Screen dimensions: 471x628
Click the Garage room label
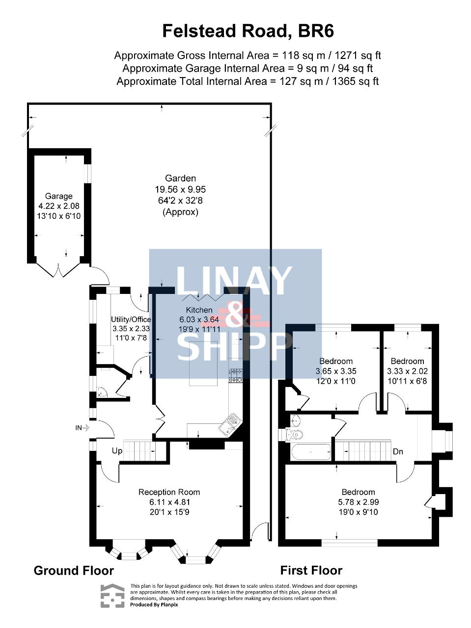[59, 196]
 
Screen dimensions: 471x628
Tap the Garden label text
[180, 178]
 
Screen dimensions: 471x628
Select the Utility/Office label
[131, 319]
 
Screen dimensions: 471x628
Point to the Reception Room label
[169, 492]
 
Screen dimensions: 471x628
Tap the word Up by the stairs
[117, 451]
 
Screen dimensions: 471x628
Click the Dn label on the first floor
[398, 451]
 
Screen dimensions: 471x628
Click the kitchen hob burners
[235, 376]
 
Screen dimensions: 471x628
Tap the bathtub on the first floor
[311, 452]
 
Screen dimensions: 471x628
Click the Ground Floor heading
[74, 571]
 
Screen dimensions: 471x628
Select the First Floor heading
[311, 571]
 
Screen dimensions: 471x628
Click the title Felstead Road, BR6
[248, 31]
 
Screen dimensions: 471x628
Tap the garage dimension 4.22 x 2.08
[59, 206]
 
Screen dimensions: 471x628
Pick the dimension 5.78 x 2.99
[359, 502]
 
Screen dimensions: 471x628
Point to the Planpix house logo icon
[112, 596]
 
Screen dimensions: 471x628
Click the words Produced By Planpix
[154, 604]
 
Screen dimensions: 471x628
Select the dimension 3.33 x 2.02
[408, 371]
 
